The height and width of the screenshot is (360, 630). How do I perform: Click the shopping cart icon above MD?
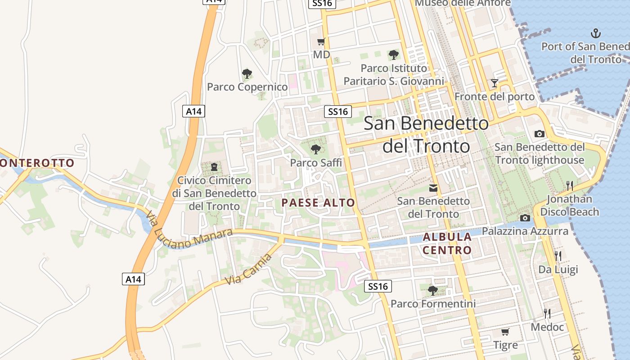[321, 42]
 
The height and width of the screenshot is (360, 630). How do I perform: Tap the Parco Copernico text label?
[247, 87]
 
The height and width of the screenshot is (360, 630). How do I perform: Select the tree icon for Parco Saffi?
[316, 148]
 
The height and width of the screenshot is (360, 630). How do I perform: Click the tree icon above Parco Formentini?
[433, 290]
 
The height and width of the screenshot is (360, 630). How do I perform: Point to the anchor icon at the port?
[596, 33]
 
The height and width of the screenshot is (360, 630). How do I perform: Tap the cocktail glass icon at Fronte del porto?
[495, 83]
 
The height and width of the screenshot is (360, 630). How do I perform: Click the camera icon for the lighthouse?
[539, 134]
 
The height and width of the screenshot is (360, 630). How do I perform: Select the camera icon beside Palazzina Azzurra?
[525, 218]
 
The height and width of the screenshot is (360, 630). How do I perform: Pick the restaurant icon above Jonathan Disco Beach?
[569, 185]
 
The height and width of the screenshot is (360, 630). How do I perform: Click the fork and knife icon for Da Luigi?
[558, 256]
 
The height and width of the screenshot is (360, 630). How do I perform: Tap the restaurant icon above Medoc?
[547, 313]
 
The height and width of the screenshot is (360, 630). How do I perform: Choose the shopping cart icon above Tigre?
[505, 332]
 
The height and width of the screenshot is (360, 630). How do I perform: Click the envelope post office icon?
[433, 188]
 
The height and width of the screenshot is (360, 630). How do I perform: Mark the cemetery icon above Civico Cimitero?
[214, 167]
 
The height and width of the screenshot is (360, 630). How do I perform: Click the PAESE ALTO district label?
[318, 203]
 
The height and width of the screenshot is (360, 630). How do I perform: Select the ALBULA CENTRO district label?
[447, 243]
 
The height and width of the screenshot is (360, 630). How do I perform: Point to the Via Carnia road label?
[248, 269]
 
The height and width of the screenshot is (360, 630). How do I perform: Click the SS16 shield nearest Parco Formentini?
[377, 286]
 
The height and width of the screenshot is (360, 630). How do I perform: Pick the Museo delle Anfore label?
[463, 3]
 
